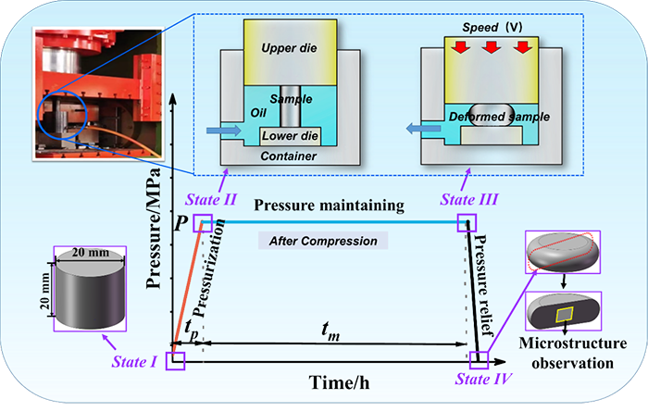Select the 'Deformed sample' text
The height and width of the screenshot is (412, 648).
click(487, 118)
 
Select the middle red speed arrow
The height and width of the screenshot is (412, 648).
click(487, 46)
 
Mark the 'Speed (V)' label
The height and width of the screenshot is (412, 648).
click(487, 26)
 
